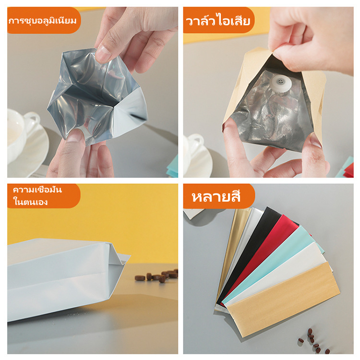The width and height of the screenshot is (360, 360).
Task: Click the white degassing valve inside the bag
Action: (x=281, y=84)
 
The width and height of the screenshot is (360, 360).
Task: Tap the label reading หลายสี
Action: (x=216, y=197)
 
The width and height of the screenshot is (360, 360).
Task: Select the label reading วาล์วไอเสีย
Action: (x=217, y=21)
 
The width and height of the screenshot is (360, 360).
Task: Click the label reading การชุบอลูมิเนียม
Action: (x=42, y=21)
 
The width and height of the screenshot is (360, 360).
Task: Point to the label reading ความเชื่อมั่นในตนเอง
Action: (x=37, y=196)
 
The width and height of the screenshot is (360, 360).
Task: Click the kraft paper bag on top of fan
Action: (x=284, y=299)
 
